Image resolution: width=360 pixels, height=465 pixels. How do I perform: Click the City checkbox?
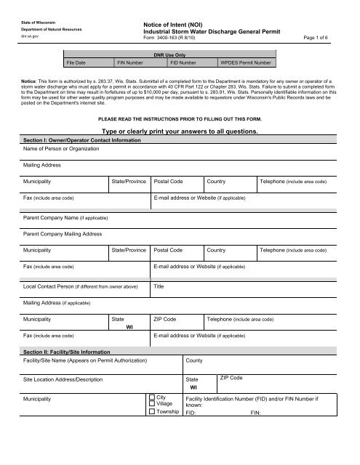coord(151,398)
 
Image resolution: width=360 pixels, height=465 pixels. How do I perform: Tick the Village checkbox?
coord(151,405)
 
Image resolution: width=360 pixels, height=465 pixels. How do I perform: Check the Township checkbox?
coord(151,412)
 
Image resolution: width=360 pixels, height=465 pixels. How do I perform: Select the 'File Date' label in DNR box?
coord(77,63)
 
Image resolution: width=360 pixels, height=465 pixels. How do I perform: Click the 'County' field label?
coord(195,360)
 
